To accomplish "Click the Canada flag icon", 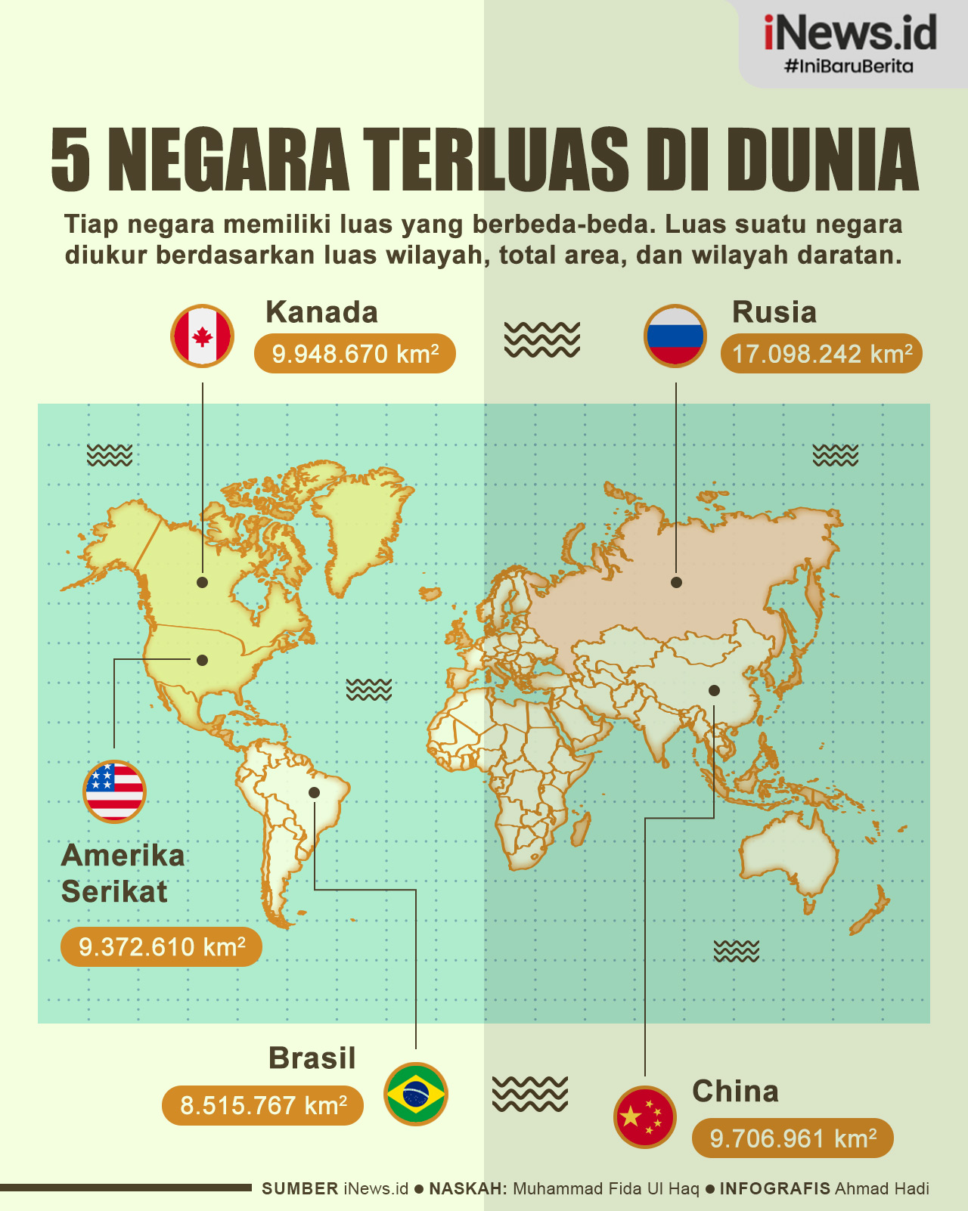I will click(202, 336).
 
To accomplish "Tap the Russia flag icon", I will click(675, 336).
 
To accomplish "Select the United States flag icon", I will click(114, 791).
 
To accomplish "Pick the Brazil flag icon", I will click(416, 1093).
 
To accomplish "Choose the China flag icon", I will click(644, 1117).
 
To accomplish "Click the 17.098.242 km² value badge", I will click(821, 354).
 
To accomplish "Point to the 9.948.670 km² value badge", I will click(355, 354).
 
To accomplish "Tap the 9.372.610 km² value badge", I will click(161, 946).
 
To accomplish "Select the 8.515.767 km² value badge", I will click(262, 1105).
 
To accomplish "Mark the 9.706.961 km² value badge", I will click(793, 1138).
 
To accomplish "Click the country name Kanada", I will click(321, 312).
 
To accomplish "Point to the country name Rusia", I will click(774, 312).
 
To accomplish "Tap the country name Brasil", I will click(312, 1058).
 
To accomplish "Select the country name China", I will click(735, 1091).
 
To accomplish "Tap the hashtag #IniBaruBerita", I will click(849, 67).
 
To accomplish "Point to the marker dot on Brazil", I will click(314, 792).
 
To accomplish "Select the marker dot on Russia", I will click(676, 582).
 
